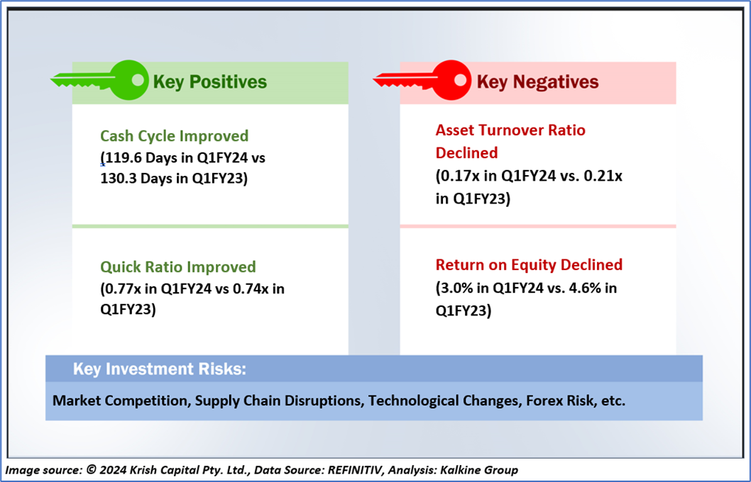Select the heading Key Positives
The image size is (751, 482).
(x=210, y=82)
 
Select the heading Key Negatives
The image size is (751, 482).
(x=537, y=82)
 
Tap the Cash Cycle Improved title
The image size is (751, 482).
(x=175, y=136)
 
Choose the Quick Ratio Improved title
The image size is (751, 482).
(x=178, y=267)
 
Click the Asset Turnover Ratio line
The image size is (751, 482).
(x=510, y=130)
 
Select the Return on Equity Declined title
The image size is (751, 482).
(x=530, y=264)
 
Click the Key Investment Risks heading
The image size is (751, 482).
(x=160, y=369)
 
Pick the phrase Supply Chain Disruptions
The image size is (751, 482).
(x=278, y=400)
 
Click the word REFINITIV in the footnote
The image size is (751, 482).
(x=355, y=470)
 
